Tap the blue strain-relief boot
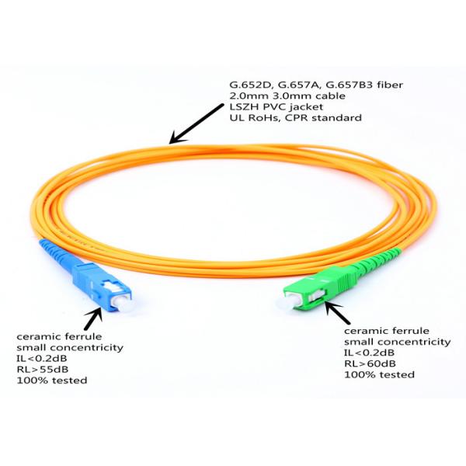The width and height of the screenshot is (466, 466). pos(57,253)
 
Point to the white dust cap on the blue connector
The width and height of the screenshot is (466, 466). pos(123,303)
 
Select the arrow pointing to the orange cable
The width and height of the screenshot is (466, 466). pos(196,123)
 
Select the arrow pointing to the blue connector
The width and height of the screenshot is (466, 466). pos(93,318)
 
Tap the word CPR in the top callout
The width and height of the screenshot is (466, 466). pos(297,118)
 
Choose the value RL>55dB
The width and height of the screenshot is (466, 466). pos(43,369)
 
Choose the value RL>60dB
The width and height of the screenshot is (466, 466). pos(370,363)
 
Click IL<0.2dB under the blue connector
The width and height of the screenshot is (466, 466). pos(42,358)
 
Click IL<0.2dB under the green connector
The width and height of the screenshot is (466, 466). pos(370,353)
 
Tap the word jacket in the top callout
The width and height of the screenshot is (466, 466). pos(308,107)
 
